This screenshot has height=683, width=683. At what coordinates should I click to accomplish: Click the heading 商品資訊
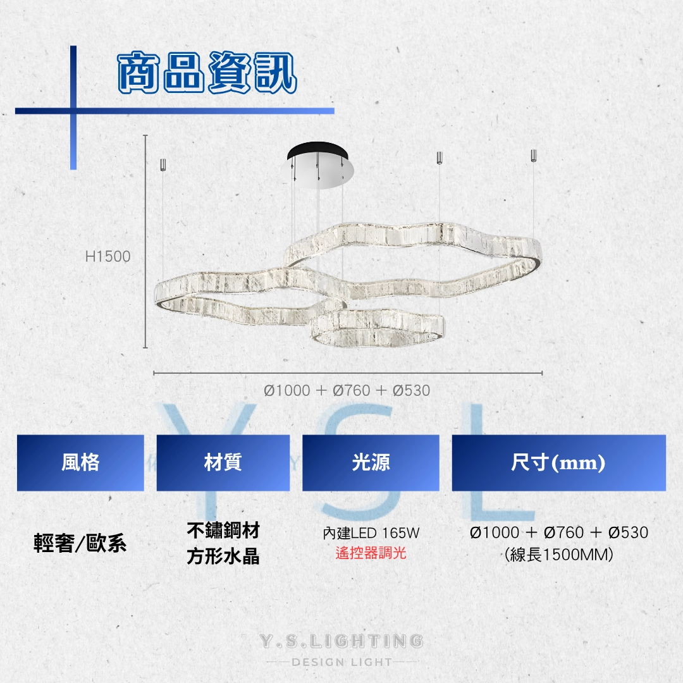[x=207, y=72]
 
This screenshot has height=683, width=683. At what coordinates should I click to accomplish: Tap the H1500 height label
[x=108, y=257]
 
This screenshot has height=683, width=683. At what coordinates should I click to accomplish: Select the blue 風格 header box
[x=80, y=462]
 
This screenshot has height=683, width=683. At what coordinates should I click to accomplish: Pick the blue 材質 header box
[x=223, y=462]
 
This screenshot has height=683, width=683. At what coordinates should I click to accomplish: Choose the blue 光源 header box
[x=371, y=462]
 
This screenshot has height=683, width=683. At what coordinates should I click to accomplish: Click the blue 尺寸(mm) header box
[x=559, y=462]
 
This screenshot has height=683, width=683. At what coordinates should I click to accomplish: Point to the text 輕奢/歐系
[x=80, y=543]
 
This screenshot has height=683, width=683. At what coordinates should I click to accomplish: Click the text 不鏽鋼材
[x=223, y=530]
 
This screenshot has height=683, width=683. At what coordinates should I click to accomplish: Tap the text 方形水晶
[x=223, y=557]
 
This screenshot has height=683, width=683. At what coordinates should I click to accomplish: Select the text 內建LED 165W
[x=371, y=532]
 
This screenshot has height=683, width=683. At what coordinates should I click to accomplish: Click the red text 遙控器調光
[x=371, y=553]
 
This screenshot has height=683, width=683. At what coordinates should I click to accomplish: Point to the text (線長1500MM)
[x=559, y=555]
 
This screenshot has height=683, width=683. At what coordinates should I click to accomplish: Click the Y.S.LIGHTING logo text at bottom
[x=341, y=641]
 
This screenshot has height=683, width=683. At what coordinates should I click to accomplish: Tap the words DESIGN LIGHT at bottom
[x=341, y=662]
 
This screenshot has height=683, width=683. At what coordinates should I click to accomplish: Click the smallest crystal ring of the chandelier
[x=378, y=327]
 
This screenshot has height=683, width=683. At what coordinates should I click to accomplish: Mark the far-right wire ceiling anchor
[x=534, y=156]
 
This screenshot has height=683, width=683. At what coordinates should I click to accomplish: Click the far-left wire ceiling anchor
[x=163, y=164]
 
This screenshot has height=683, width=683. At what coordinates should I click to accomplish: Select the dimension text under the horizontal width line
[x=347, y=390]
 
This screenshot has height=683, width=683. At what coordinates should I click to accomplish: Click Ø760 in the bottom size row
[x=564, y=532]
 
